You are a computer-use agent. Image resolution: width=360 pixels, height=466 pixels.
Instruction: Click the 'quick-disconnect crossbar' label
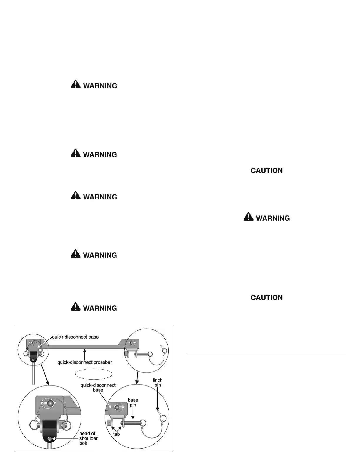(x=84, y=362)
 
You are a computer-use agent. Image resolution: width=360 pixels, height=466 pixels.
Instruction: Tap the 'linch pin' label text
(x=158, y=382)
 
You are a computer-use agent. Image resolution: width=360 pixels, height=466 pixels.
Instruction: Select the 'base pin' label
(x=133, y=402)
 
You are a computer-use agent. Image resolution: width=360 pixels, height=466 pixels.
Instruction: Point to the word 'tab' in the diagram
(x=116, y=434)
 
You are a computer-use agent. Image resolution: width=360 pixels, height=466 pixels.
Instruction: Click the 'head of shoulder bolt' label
(x=88, y=438)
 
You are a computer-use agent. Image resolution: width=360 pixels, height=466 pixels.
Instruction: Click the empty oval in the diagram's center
(x=94, y=374)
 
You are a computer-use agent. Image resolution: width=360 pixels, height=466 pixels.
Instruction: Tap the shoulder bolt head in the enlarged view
(x=50, y=439)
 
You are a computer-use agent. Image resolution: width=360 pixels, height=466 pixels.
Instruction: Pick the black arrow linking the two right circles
(x=137, y=377)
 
